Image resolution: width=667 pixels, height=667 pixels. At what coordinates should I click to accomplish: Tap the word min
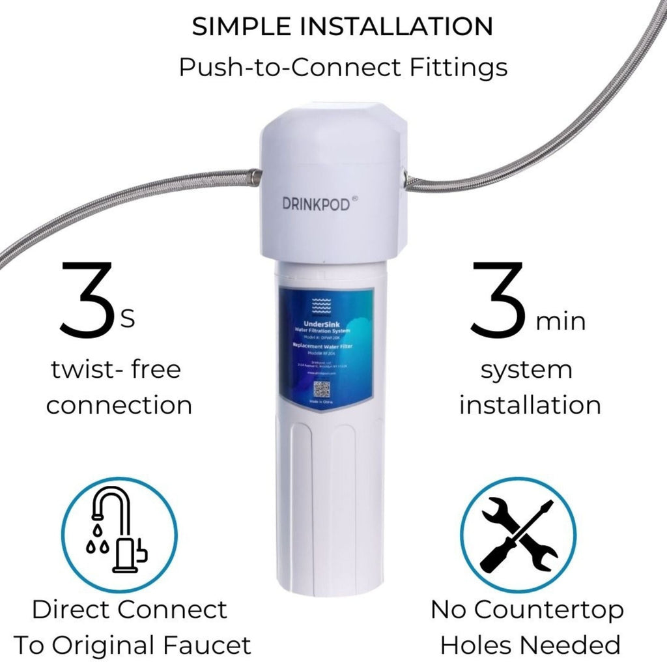click(560, 321)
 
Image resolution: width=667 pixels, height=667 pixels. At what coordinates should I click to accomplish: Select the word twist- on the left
click(83, 370)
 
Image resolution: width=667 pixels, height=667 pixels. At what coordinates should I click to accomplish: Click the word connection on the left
click(119, 405)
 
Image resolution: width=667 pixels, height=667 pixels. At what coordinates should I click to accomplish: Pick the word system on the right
click(527, 370)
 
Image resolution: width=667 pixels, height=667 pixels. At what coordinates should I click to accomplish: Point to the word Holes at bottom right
click(479, 645)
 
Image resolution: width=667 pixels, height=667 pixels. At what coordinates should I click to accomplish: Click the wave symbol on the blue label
click(322, 303)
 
